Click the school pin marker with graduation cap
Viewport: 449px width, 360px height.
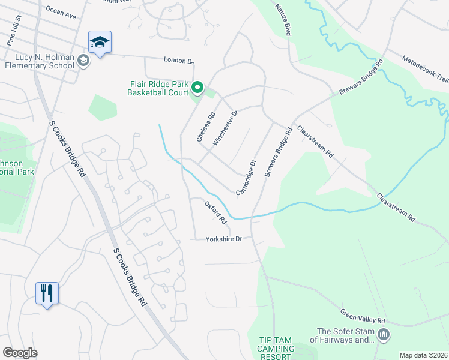click(x=100, y=43)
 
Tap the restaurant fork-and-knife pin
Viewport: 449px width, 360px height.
click(x=47, y=293)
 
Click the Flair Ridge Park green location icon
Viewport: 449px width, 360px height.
click(x=198, y=89)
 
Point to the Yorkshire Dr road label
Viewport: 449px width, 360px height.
click(x=223, y=239)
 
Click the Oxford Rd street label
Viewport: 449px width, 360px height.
click(x=215, y=212)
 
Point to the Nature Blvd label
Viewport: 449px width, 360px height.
click(x=283, y=21)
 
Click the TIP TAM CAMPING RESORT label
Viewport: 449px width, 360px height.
click(x=276, y=349)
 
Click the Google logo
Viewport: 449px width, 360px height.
click(x=20, y=353)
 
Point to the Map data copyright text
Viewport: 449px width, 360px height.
click(x=423, y=355)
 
